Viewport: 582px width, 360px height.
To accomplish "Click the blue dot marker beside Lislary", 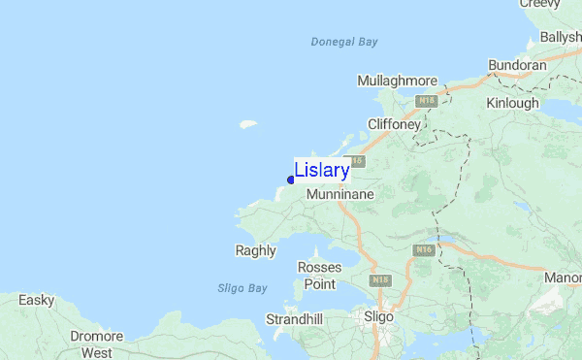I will [x=291, y=180].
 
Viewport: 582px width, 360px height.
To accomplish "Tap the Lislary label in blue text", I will [x=321, y=170].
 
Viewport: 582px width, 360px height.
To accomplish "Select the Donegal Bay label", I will [x=344, y=42].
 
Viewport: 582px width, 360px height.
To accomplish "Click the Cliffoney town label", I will [x=394, y=124].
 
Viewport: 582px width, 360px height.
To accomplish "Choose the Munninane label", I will [x=339, y=195].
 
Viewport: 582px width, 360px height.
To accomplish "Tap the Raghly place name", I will [x=256, y=250].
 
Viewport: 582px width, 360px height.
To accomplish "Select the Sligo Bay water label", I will [x=242, y=288].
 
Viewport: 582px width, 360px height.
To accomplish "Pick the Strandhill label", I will [x=296, y=319].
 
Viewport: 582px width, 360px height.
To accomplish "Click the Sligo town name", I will [x=378, y=316].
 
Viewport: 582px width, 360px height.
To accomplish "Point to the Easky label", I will [x=37, y=300].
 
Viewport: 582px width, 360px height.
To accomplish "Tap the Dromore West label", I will [x=97, y=344].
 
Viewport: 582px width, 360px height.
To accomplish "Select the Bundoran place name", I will [x=518, y=65].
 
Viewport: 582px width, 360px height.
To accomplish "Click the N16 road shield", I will [x=423, y=250].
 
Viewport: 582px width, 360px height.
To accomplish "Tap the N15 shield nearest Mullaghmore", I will [x=427, y=100].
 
